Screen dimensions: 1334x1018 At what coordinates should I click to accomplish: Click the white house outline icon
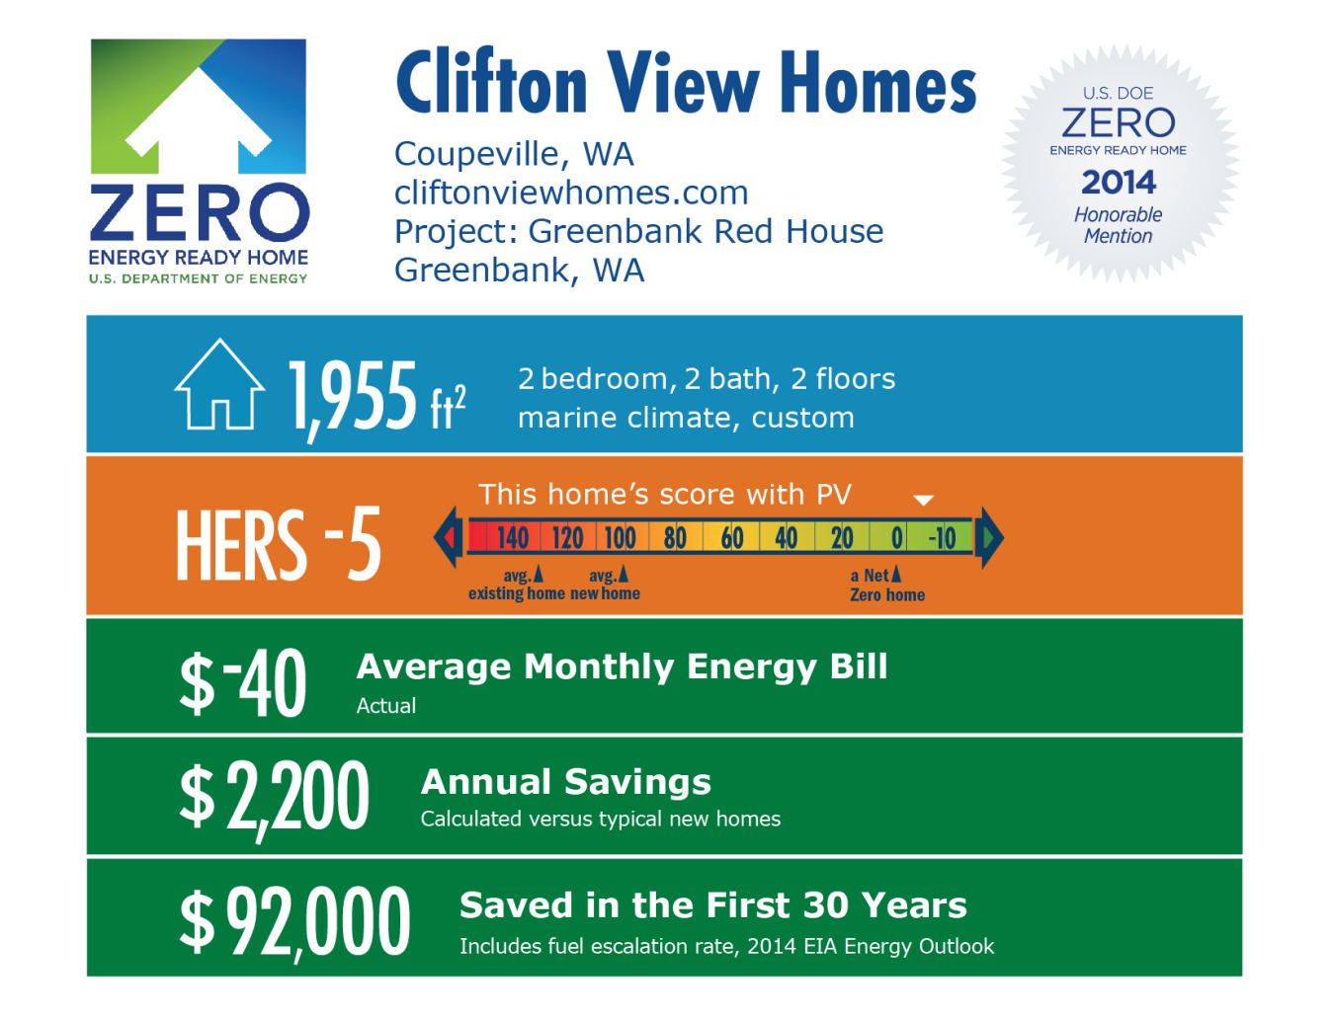pyautogui.click(x=219, y=384)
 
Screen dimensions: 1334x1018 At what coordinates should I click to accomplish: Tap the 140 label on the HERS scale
pyautogui.click(x=512, y=538)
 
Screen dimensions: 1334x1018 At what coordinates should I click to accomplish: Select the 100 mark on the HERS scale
pyautogui.click(x=620, y=538)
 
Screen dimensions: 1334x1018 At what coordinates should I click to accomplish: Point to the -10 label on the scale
pyautogui.click(x=942, y=538)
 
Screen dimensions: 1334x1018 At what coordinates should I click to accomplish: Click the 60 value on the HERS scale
pyautogui.click(x=732, y=538)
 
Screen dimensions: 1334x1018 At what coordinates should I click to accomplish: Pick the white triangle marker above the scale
pyautogui.click(x=923, y=501)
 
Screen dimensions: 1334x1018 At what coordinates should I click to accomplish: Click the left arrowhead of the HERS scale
pyautogui.click(x=449, y=537)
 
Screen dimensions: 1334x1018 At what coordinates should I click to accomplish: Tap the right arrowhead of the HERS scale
pyautogui.click(x=989, y=537)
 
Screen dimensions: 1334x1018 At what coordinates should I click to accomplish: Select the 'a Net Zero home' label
pyautogui.click(x=886, y=585)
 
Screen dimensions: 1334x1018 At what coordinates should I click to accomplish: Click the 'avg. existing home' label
pyautogui.click(x=517, y=584)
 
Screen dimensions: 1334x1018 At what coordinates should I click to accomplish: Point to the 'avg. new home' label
pyautogui.click(x=606, y=584)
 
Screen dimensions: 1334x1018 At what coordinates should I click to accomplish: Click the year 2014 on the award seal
pyautogui.click(x=1118, y=182)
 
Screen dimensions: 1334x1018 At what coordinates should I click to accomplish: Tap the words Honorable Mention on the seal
pyautogui.click(x=1118, y=225)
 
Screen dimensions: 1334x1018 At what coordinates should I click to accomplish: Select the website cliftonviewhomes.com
pyautogui.click(x=571, y=193)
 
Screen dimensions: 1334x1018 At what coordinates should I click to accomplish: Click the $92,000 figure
pyautogui.click(x=294, y=921)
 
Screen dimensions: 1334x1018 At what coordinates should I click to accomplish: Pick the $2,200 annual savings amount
pyautogui.click(x=274, y=798)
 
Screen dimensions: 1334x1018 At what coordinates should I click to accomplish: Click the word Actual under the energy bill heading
pyautogui.click(x=386, y=705)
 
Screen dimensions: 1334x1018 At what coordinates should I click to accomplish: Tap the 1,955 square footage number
pyautogui.click(x=353, y=396)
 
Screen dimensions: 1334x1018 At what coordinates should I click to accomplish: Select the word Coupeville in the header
pyautogui.click(x=476, y=154)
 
